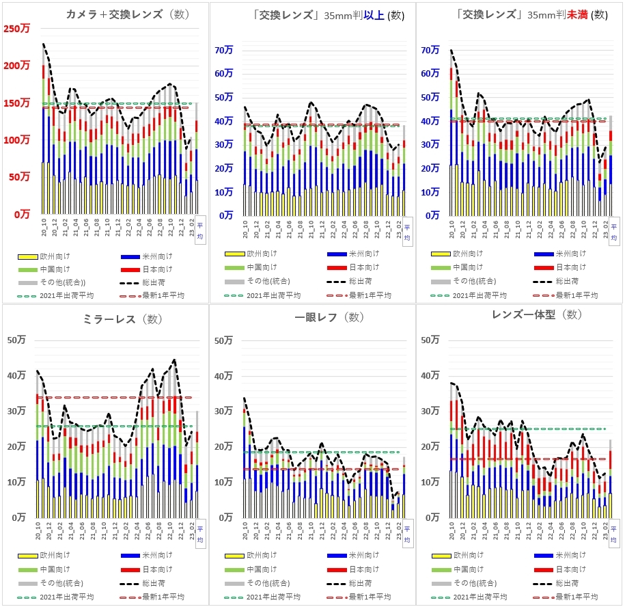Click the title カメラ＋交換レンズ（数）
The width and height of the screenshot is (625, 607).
click(127, 14)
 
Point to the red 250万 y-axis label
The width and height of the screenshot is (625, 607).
click(17, 29)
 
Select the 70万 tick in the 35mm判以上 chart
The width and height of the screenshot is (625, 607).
click(224, 50)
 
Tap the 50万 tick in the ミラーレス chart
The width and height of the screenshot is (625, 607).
click(18, 340)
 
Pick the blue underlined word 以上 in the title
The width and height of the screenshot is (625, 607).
click(373, 15)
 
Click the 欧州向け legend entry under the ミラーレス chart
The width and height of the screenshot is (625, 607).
click(55, 556)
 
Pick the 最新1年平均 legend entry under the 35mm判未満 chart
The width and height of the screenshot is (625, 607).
click(577, 295)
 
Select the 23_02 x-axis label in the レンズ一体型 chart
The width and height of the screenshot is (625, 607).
click(604, 532)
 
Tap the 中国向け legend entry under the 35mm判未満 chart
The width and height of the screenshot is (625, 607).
click(470, 267)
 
